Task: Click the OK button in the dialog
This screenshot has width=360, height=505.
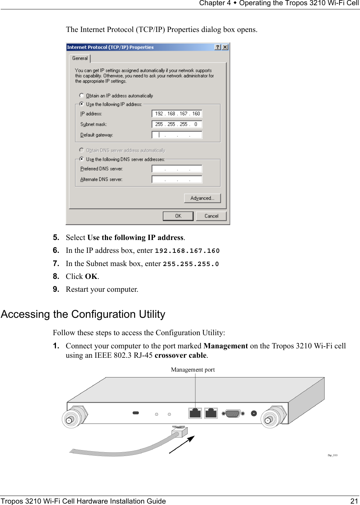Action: (x=178, y=216)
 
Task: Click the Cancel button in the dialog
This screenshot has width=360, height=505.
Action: (x=211, y=216)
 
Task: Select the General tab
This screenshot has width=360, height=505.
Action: (x=80, y=58)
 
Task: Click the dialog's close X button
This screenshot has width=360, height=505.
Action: (x=225, y=47)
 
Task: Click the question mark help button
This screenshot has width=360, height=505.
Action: (x=218, y=47)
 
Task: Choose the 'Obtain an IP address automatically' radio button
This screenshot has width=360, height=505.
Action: (x=82, y=96)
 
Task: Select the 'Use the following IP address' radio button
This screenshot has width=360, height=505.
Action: (x=82, y=104)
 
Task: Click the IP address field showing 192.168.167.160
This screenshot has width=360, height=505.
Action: (x=177, y=114)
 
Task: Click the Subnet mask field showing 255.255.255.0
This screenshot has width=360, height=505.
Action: (x=177, y=124)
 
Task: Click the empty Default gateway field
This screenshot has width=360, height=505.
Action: (x=177, y=135)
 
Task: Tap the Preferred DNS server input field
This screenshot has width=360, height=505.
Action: (x=177, y=169)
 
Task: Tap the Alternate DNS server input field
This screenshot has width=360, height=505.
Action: (x=177, y=179)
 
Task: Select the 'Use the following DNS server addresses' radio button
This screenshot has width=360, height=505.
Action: (x=82, y=159)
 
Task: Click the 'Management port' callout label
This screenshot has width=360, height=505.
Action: (x=193, y=370)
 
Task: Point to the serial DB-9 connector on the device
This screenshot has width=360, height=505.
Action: (x=233, y=413)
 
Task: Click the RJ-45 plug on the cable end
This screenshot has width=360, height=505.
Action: (x=179, y=432)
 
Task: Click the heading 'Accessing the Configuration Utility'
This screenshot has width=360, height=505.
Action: (x=83, y=314)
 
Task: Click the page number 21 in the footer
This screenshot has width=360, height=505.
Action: (x=354, y=501)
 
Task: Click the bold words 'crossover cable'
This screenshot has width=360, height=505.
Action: (x=181, y=355)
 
